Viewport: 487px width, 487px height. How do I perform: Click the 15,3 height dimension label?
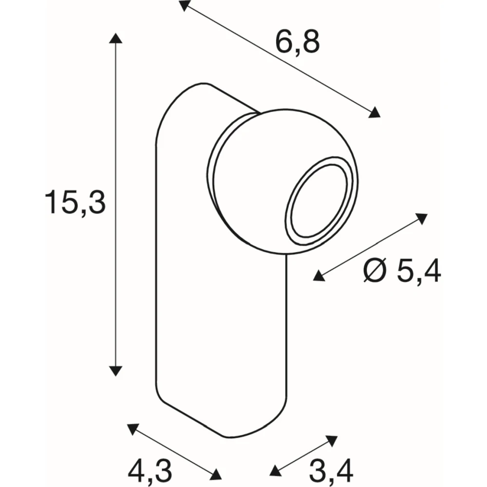click(75, 203)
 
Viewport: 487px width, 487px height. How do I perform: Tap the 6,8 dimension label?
click(297, 42)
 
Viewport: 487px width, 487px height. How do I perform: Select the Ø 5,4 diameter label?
click(402, 271)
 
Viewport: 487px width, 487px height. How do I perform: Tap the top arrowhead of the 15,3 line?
click(115, 38)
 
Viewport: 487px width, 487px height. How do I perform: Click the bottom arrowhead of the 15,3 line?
click(115, 371)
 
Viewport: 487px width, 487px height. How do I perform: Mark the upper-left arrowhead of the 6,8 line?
click(184, 5)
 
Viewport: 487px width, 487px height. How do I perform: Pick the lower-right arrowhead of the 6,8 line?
click(375, 112)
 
